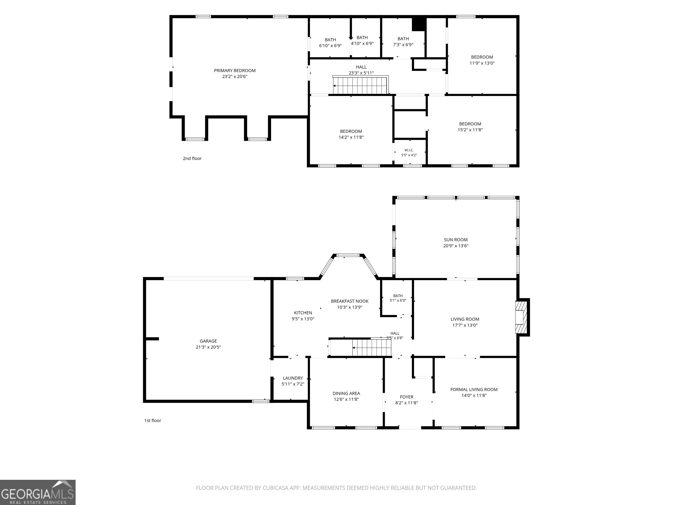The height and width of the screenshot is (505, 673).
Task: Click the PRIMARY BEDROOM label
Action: [235, 71]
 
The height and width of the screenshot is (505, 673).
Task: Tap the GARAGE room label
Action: [208, 341]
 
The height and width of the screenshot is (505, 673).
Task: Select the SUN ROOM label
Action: [456, 240]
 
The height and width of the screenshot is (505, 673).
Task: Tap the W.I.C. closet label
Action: [409, 150]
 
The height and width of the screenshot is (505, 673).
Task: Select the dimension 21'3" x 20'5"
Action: [208, 347]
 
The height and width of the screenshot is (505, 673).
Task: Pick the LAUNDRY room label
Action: [293, 378]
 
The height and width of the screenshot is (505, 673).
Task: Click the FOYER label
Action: [407, 397]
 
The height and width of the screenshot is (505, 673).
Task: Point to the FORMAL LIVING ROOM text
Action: [474, 389]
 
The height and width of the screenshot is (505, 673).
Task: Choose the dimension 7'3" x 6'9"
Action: [403, 45]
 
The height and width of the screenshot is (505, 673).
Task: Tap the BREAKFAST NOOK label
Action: [350, 301]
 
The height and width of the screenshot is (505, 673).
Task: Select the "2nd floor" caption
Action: [192, 158]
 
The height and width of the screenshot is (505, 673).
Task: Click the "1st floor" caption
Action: [153, 420]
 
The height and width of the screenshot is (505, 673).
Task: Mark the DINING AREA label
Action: [346, 393]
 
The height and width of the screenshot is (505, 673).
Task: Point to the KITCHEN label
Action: [303, 313]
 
